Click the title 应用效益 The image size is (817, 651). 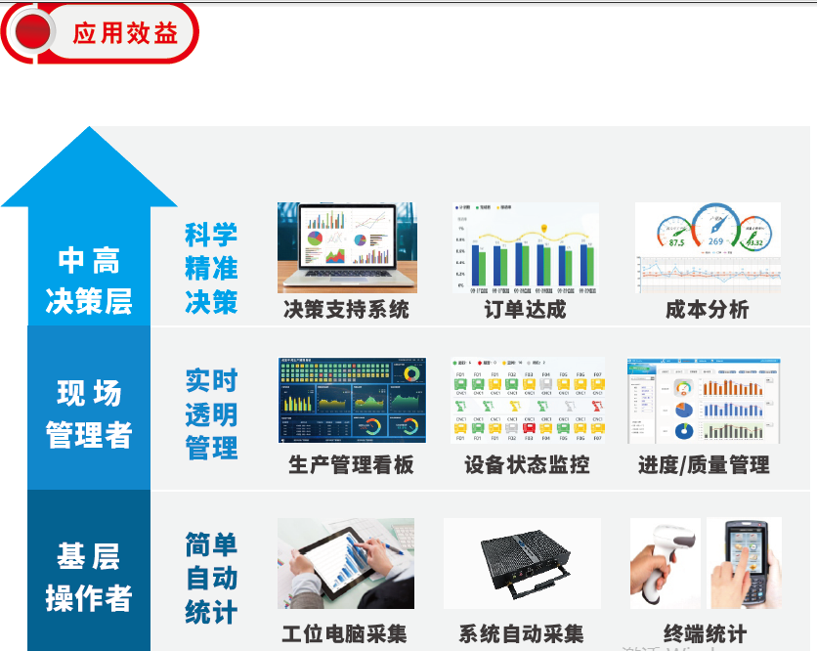pos(125,32)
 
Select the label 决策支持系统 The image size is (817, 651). pos(346,310)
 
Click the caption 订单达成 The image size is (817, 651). pos(525,310)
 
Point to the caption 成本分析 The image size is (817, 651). pos(707,310)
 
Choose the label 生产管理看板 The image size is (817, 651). pos(351,464)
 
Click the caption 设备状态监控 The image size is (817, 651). pos(527,464)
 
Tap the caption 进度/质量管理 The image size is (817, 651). pos(704,464)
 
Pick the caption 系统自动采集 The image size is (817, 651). pos(521,632)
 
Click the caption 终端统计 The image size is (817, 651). pos(705,632)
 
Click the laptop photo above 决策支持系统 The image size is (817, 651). pos(347,247)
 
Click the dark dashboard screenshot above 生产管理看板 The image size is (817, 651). pos(352,401)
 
